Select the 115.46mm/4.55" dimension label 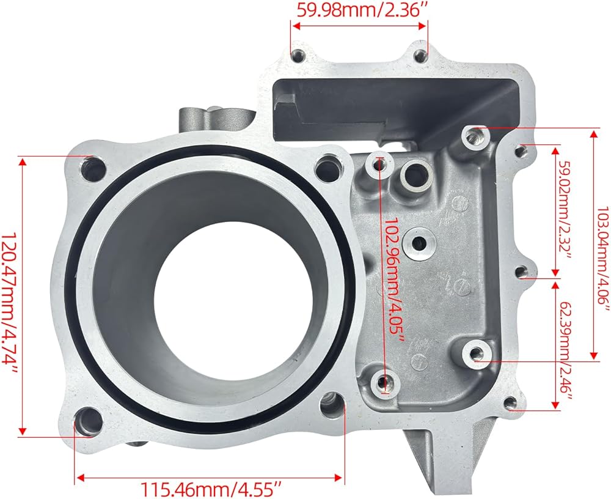(x=210, y=489)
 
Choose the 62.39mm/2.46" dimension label (x=566, y=346)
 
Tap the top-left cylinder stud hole (x=93, y=169)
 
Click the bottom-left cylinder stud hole (x=88, y=422)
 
